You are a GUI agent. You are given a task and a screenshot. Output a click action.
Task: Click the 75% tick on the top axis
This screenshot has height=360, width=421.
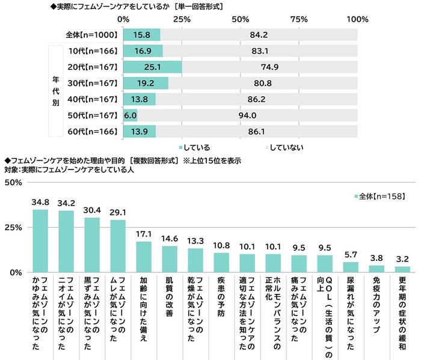click(x=299, y=19)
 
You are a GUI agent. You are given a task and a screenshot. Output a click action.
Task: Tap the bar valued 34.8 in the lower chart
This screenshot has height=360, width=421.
click(x=40, y=240)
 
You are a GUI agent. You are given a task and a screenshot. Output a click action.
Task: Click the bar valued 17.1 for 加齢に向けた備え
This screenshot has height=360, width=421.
click(x=144, y=257)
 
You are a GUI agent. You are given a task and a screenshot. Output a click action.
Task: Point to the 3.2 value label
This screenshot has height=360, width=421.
click(x=403, y=260)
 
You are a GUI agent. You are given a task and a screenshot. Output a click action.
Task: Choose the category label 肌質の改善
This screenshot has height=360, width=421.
click(x=170, y=295)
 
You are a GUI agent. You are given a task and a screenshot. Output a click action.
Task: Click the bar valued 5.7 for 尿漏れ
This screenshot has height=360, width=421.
click(x=351, y=267)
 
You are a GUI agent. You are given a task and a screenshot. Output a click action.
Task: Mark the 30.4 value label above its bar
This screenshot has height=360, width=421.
click(x=92, y=210)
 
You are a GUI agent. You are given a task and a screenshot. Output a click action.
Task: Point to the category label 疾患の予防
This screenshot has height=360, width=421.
click(x=221, y=295)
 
